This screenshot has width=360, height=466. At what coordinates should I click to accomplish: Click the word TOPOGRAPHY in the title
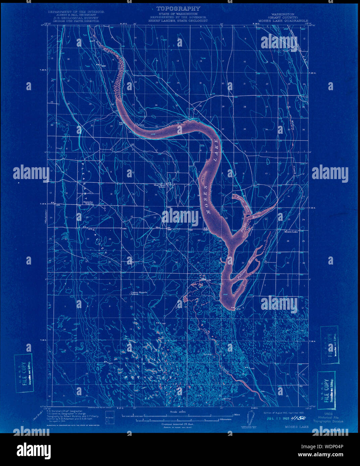coord(178,8)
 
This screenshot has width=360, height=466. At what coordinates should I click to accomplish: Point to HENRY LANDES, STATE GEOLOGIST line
coord(178,21)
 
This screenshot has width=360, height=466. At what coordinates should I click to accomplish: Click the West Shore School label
coord(160,186)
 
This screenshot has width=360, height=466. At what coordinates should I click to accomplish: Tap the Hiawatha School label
coord(88,203)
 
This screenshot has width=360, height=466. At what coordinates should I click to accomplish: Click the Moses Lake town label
coord(291,232)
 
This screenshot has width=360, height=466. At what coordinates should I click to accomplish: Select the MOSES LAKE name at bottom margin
coord(297,427)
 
